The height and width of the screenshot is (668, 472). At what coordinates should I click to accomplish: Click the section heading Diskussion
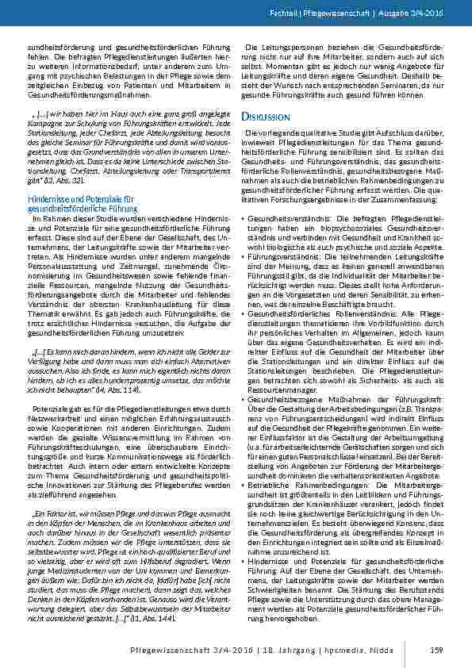pyautogui.click(x=264, y=117)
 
